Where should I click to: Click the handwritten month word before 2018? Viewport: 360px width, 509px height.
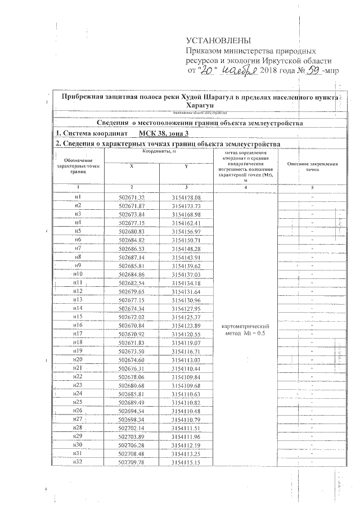tap(238, 70)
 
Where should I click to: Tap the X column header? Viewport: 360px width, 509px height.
tap(132, 166)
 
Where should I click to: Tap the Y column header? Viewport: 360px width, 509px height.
tap(186, 166)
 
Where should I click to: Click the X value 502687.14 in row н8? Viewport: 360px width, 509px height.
tap(132, 257)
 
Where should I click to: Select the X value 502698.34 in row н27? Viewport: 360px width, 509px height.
tap(132, 419)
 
